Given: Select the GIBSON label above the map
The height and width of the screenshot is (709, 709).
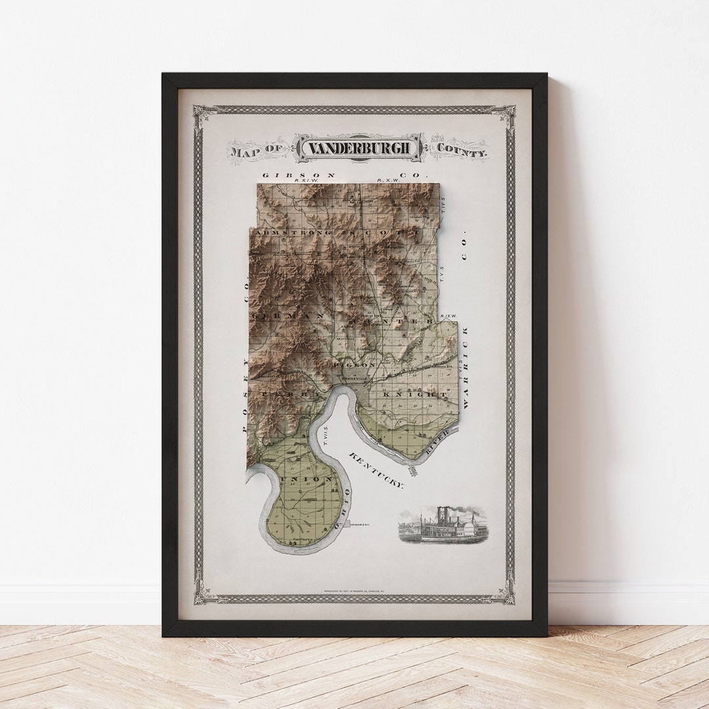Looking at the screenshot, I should tap(299, 175).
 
